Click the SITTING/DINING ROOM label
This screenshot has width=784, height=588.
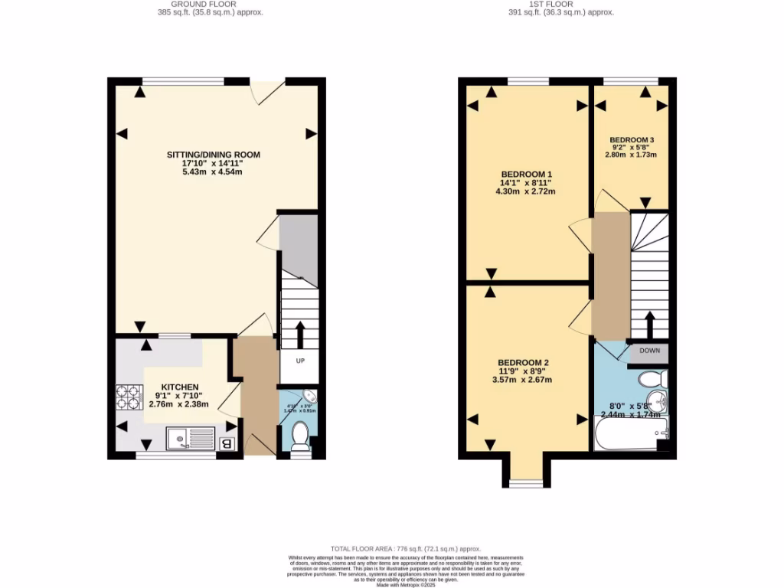tap(214, 155)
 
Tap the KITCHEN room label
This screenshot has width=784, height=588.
tap(180, 387)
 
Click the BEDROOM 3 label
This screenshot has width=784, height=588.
tap(632, 140)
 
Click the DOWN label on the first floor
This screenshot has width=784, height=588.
tap(648, 351)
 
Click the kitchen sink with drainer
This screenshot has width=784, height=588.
tap(191, 439)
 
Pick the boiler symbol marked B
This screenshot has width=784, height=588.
tap(226, 443)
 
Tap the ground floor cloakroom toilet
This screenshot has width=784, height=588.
tap(299, 438)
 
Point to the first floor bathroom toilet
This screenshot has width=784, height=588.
tap(653, 379)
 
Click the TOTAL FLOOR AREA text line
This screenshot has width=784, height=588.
tap(405, 549)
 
